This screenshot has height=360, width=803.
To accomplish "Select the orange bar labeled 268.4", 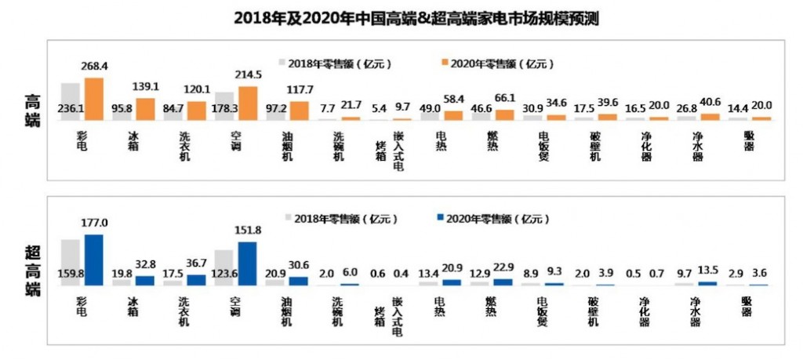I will pyautogui.click(x=94, y=99).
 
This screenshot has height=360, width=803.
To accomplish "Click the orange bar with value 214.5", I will pyautogui.click(x=247, y=103).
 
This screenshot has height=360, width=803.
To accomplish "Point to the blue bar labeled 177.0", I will pyautogui.click(x=94, y=260).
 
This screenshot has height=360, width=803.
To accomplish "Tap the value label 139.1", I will pyautogui.click(x=147, y=87).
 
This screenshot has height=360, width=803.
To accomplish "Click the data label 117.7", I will pyautogui.click(x=300, y=89).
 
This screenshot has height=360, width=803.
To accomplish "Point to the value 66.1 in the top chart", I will pyautogui.click(x=505, y=97).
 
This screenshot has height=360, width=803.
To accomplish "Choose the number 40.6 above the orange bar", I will pyautogui.click(x=710, y=100).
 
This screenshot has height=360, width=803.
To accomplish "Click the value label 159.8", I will pyautogui.click(x=70, y=275).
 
